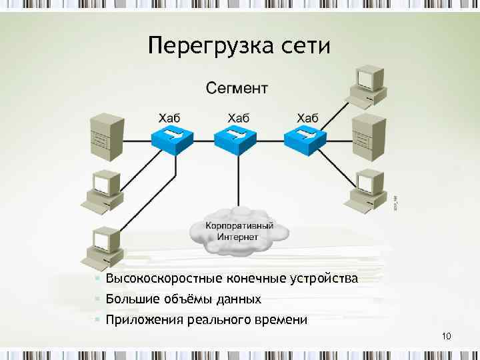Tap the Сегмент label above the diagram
pos(237,87)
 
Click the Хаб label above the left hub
pos(172,117)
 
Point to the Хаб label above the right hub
pos(307,117)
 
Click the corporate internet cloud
pos(239,231)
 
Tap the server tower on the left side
pos(107,137)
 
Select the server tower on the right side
pos(368,137)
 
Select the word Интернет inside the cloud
pos(237,237)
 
